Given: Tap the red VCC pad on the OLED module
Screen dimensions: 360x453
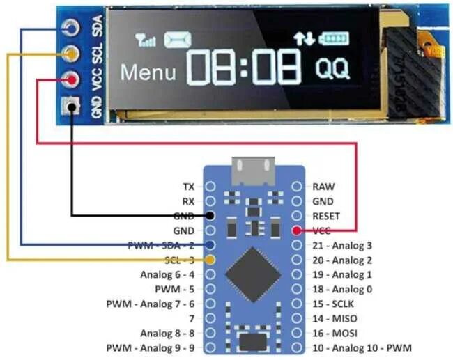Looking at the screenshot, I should [x=70, y=80].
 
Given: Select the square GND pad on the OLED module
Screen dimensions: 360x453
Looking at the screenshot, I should [x=70, y=107].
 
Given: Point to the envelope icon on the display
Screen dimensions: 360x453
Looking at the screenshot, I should [x=178, y=40].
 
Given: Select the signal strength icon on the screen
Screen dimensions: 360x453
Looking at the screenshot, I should [x=146, y=40].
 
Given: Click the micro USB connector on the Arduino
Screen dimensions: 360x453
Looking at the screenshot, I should [x=253, y=168].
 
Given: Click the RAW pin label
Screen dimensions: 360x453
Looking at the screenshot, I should [x=323, y=187].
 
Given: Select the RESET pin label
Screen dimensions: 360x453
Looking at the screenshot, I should [x=326, y=216].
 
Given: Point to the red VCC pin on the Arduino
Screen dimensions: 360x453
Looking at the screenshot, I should [x=298, y=230].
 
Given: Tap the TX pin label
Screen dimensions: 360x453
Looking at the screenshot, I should [x=189, y=187].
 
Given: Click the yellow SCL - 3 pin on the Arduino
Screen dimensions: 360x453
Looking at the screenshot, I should [x=210, y=259].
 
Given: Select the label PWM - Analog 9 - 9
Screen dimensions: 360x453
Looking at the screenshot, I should [x=151, y=347].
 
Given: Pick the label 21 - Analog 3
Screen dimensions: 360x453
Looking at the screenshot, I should [x=342, y=245].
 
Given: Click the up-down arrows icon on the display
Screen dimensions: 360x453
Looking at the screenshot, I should [x=304, y=39].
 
